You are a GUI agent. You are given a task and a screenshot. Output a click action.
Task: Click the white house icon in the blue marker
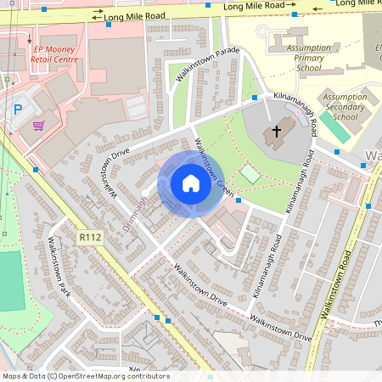(190, 183)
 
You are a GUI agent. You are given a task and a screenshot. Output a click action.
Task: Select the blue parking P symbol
(19, 109)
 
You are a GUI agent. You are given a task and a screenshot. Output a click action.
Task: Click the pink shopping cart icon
(38, 126)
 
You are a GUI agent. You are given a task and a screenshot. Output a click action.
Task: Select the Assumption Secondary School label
(345, 108)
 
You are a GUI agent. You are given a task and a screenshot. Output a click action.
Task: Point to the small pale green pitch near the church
(250, 173)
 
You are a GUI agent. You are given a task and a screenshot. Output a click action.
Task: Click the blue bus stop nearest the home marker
(239, 201)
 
